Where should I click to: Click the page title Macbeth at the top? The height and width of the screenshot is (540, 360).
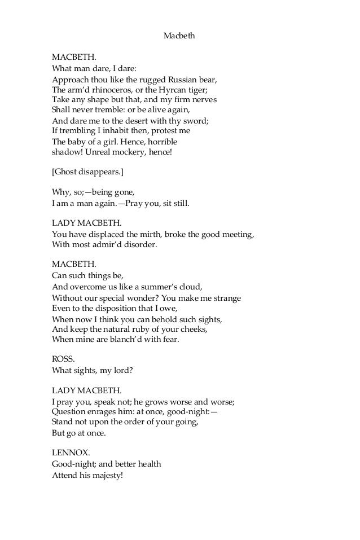click(179, 36)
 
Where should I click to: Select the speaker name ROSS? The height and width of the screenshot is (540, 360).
click(62, 359)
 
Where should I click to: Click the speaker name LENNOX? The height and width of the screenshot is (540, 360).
click(69, 454)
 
